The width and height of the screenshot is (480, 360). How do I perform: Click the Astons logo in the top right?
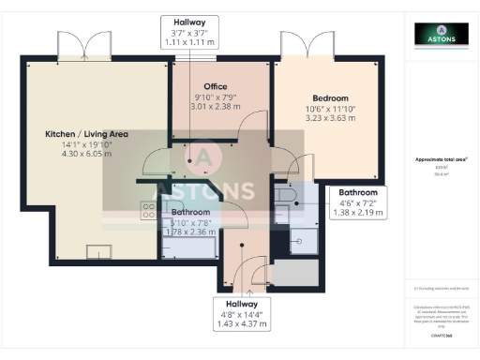coord(442,35)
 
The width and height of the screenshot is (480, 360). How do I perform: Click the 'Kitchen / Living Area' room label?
coord(87,134)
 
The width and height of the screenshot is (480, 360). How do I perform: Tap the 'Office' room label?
coord(216,86)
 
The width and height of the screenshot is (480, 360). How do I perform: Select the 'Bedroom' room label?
coord(330,97)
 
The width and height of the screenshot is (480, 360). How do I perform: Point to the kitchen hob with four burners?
coord(148,211)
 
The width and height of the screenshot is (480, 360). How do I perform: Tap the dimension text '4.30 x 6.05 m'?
coord(86,155)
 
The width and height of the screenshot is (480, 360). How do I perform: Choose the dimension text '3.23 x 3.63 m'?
coord(330,120)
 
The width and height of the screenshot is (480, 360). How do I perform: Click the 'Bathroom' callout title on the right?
coord(358,193)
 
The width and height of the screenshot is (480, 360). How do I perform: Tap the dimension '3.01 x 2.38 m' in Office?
coord(216,107)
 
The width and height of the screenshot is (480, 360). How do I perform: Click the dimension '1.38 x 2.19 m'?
coord(358,214)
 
